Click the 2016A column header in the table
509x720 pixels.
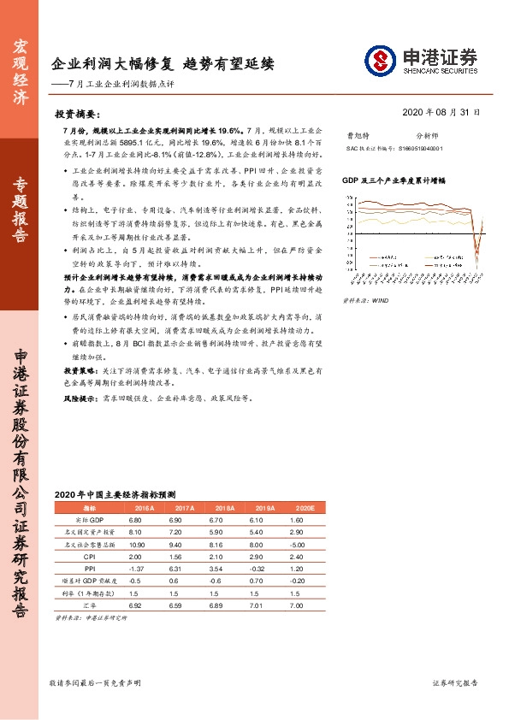pos(135,508)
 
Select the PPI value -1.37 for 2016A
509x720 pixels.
pos(135,568)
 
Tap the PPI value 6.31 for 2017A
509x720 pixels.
pos(175,568)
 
